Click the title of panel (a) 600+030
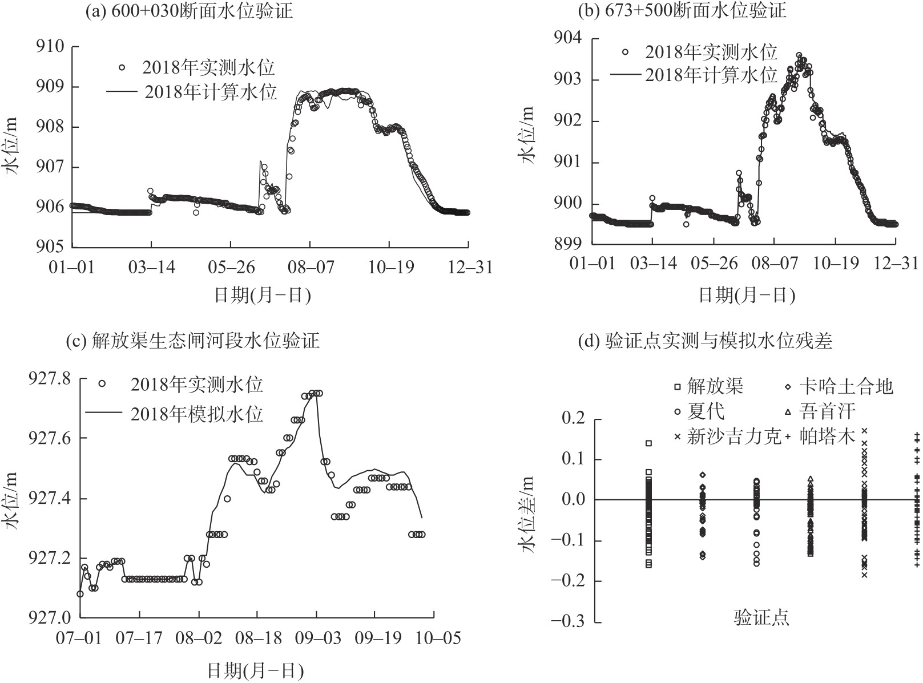[x=188, y=10]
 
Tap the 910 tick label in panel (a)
[x=50, y=47]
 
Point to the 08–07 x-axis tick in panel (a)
[x=309, y=267]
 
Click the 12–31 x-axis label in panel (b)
[x=897, y=264]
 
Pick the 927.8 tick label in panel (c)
[x=51, y=378]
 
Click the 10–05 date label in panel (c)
[x=435, y=637]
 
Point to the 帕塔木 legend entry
[x=827, y=437]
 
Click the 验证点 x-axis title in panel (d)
[x=761, y=618]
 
